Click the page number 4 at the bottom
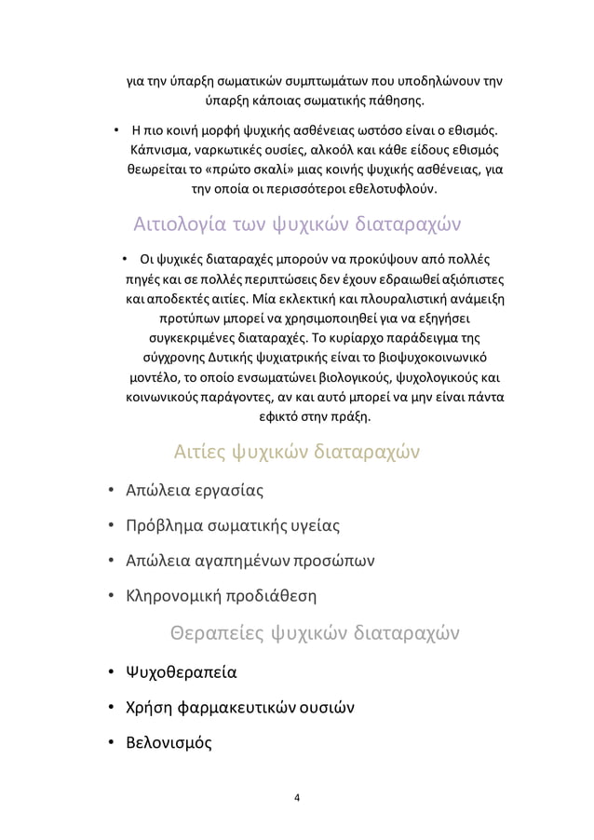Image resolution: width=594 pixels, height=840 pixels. tap(296, 797)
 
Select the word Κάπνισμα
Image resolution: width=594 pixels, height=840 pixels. tap(158, 148)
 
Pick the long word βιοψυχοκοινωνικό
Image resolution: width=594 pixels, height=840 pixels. tap(431, 356)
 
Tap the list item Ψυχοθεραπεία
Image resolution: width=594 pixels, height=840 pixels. tap(174, 671)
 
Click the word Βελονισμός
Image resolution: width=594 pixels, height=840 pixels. tap(162, 743)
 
